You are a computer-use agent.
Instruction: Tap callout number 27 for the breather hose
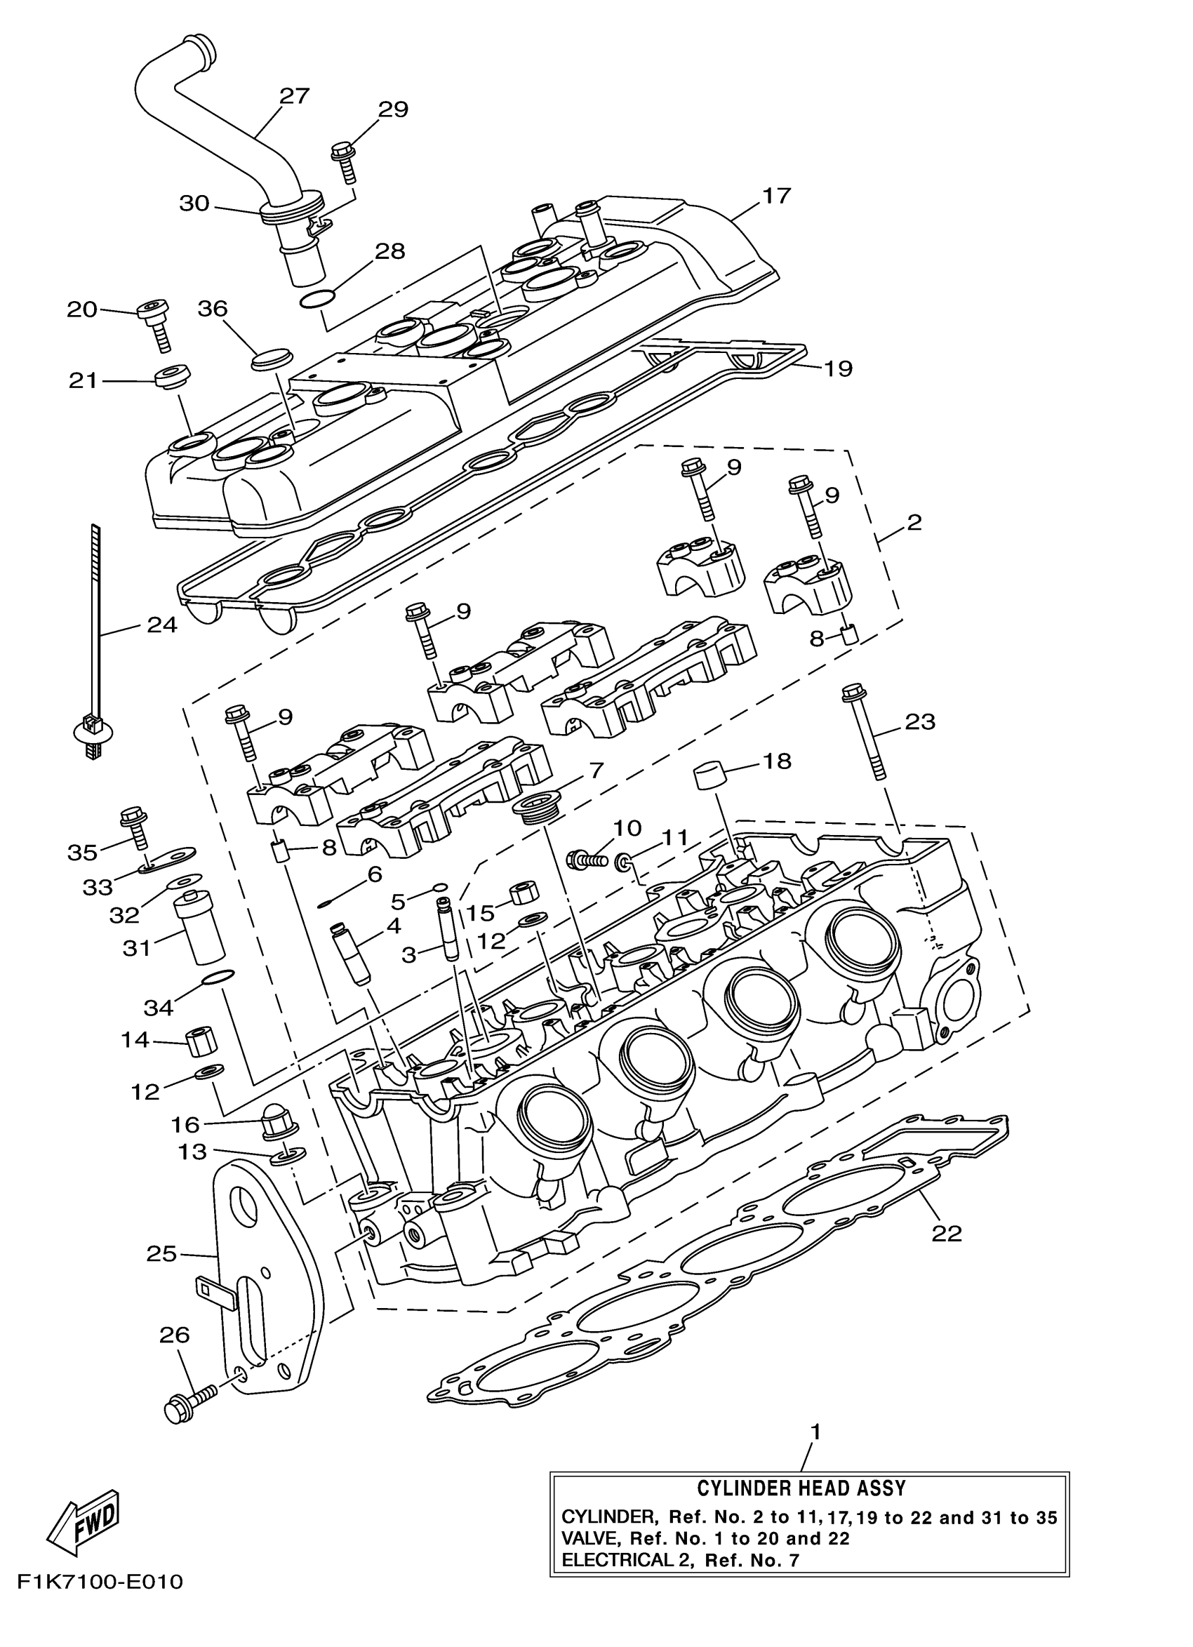coord(294,96)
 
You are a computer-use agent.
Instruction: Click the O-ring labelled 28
coord(317,298)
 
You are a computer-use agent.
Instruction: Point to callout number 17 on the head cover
coord(775,196)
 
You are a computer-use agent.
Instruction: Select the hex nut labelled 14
coord(202,1043)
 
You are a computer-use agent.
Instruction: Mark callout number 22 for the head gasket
coord(947,1232)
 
